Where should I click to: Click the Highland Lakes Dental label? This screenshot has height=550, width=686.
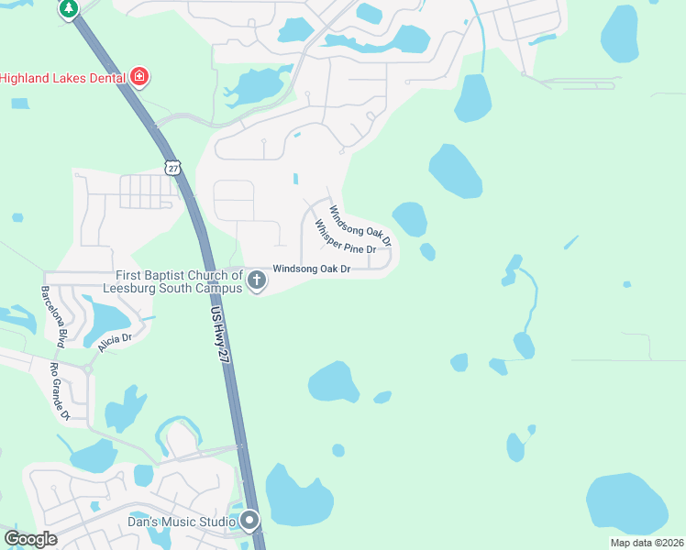(61, 78)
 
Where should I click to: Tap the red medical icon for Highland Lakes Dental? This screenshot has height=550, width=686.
(138, 77)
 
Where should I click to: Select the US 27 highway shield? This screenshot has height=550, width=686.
(174, 168)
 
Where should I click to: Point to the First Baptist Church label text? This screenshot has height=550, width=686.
(180, 281)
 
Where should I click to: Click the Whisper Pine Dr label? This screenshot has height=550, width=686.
(345, 236)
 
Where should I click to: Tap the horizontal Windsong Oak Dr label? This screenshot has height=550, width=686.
(312, 269)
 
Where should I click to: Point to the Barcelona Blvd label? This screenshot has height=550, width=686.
(52, 316)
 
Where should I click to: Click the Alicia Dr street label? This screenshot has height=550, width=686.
(115, 342)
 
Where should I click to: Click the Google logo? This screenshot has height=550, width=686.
(30, 539)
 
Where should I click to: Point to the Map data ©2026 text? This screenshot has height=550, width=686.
(646, 543)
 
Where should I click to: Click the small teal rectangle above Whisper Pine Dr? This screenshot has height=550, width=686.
(295, 178)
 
